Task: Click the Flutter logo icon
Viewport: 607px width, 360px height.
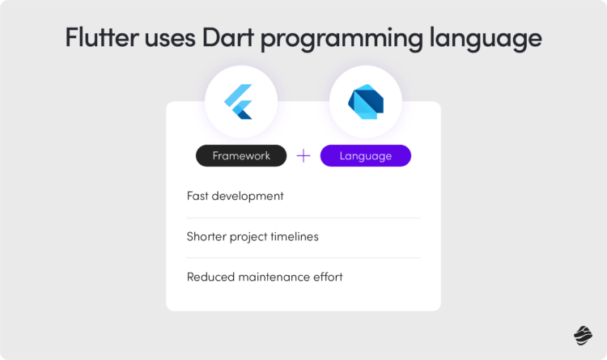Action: (240, 102)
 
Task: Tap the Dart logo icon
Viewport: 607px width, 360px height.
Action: (366, 102)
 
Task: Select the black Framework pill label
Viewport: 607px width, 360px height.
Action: (241, 155)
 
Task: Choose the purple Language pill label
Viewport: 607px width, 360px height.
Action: (366, 155)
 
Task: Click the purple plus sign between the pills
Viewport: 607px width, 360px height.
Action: (303, 155)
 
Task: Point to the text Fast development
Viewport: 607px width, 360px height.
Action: (235, 196)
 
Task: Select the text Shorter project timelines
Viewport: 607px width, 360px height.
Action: (253, 236)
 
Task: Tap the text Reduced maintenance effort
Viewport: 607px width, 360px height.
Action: (265, 277)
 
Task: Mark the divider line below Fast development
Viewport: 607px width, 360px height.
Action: (303, 218)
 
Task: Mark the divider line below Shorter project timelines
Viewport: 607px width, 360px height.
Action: (303, 257)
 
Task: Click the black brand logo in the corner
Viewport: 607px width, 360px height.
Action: (583, 335)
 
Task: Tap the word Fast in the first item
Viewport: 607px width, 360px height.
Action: (199, 196)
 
